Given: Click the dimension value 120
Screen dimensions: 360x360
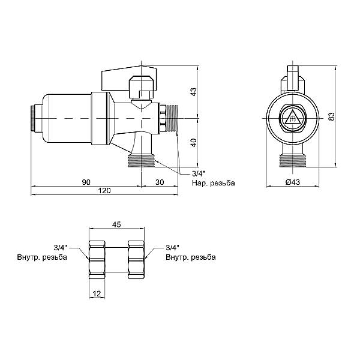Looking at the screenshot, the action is click(104, 191).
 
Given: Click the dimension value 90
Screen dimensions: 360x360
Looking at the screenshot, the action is click(86, 182).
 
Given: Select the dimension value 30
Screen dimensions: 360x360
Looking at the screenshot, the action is click(160, 182).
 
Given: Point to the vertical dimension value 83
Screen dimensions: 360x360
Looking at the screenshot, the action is click(331, 116).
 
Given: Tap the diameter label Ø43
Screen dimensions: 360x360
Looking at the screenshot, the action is click(293, 182).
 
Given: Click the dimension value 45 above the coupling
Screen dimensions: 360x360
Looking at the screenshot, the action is click(116, 224).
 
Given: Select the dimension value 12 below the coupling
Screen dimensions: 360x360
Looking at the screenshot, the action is click(97, 293).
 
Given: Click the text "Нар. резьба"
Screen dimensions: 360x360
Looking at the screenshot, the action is click(213, 183).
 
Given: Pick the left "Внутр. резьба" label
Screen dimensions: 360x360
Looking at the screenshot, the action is click(42, 257).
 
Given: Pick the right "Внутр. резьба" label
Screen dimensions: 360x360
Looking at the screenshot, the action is click(191, 257).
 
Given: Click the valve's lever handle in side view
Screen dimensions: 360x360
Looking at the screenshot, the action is click(128, 77).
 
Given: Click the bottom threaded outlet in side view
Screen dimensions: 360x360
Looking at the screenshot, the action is click(141, 160).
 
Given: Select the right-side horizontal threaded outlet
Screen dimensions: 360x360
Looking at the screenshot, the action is click(172, 118).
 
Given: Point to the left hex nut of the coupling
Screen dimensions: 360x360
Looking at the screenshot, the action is click(97, 259).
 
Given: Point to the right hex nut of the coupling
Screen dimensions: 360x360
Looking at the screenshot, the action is click(136, 259).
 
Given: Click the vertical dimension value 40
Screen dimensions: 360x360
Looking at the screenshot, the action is click(194, 142).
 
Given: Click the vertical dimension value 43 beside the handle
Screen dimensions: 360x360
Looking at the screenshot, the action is click(194, 92).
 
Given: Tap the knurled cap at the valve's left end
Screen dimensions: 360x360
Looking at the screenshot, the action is click(33, 118).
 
